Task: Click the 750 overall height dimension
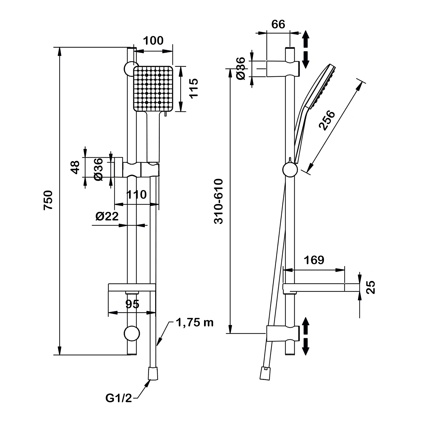pos(48,200)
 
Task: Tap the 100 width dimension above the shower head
pos(153,41)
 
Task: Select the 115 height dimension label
pos(193,88)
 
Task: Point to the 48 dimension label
pos(75,167)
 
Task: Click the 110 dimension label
pos(136,195)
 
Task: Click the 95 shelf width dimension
pos(132,304)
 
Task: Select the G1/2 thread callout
pos(119,398)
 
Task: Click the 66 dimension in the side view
pos(278,25)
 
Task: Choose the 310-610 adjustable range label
pos(218,201)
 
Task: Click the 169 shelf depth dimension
pos(314,260)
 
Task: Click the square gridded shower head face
pos(153,88)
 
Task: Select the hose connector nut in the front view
pos(153,373)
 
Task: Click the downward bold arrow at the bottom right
pos(306,347)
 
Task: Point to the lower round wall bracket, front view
pos(132,333)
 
